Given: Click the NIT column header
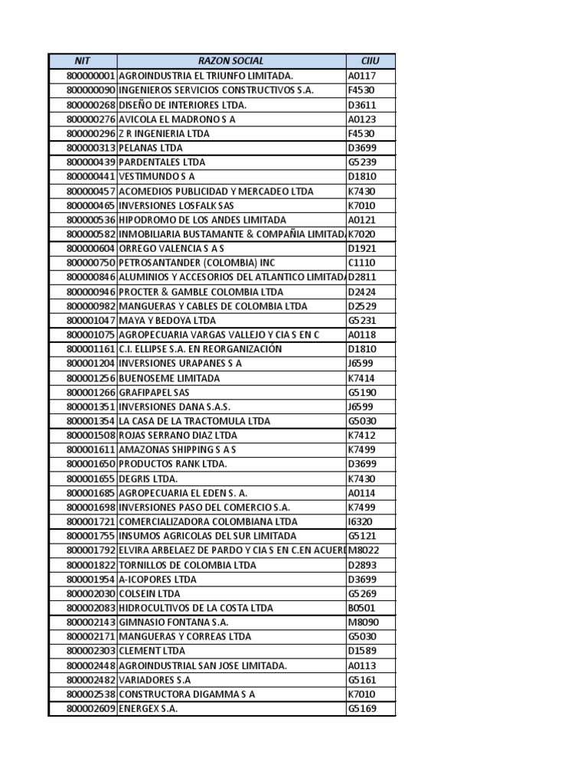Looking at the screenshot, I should click(x=82, y=60).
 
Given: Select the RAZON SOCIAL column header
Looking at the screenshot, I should click(x=230, y=60).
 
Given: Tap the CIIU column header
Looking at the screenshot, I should click(x=371, y=60).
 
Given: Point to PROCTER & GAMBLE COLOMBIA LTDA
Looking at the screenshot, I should click(x=201, y=292).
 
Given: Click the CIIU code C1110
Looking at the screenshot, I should click(x=362, y=263).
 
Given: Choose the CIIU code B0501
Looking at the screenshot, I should click(x=362, y=608).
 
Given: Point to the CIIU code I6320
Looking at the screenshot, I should click(x=361, y=521).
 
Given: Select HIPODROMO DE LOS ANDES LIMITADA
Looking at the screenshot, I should click(x=203, y=220).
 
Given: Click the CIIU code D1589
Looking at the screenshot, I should click(x=362, y=651).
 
